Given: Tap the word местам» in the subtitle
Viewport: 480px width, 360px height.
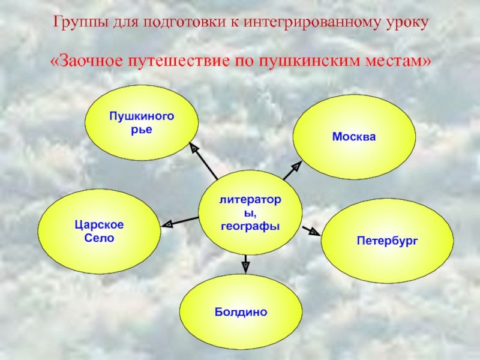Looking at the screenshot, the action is click(391, 62).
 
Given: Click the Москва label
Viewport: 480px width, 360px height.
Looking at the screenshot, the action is click(354, 137).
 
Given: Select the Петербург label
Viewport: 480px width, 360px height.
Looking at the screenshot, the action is click(387, 241).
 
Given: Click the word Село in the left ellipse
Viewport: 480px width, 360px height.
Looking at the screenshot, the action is click(99, 238).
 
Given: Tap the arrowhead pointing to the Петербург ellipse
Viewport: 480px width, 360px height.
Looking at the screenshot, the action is click(314, 231).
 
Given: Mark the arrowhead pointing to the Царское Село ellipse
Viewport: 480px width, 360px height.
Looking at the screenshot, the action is click(169, 223).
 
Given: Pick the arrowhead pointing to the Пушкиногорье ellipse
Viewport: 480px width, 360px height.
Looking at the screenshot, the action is click(193, 146).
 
